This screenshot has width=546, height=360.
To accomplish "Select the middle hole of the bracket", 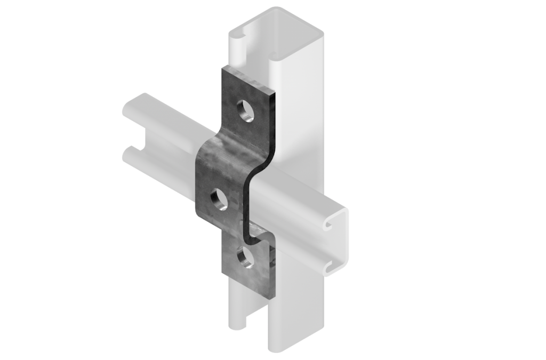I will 219,200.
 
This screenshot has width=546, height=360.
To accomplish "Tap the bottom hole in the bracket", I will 246,257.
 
